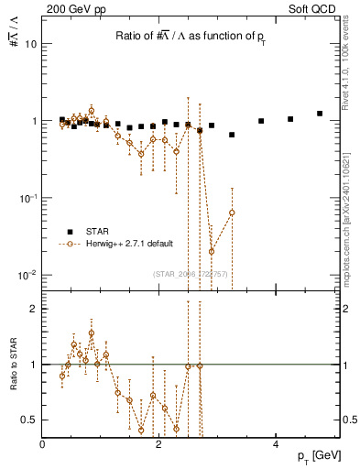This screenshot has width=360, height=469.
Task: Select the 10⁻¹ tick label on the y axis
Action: pyautogui.click(x=27, y=198)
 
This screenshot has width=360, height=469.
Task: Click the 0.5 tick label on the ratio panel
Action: pyautogui.click(x=28, y=420)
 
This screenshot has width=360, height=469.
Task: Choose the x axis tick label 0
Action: pyautogui.click(x=42, y=443)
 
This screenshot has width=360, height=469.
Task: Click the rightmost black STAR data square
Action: pyautogui.click(x=320, y=114)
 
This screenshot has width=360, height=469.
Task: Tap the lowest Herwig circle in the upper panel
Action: pyautogui.click(x=212, y=251)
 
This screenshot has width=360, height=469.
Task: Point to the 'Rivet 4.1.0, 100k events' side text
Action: pyautogui.click(x=352, y=73)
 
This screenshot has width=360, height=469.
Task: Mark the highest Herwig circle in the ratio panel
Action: pyautogui.click(x=91, y=333)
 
